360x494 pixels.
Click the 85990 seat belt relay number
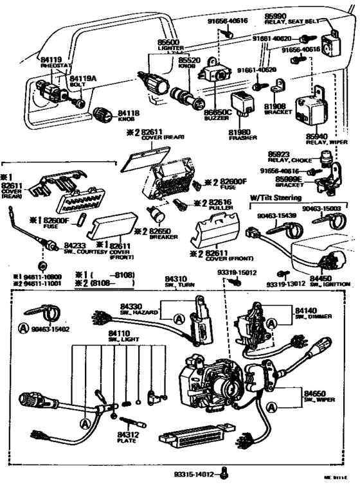click(x=275, y=14)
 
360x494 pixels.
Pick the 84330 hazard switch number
click(x=131, y=307)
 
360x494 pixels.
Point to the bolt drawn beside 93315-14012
click(x=224, y=475)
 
